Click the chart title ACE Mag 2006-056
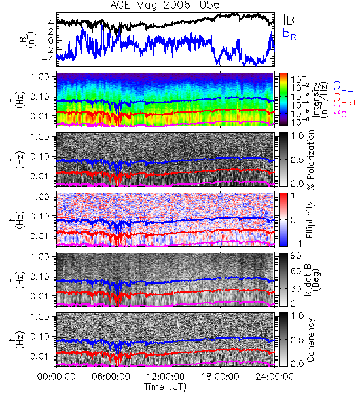point(165,5)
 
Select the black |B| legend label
point(291,20)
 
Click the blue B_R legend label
point(289,33)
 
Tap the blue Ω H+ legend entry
point(343,88)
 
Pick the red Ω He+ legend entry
point(345,100)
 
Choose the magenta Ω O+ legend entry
point(343,111)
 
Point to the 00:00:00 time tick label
point(56,377)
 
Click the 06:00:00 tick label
point(111,377)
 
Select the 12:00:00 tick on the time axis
point(166,377)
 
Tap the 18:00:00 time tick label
point(220,377)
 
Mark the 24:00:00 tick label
point(274,377)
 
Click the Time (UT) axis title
point(165,387)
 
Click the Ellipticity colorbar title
point(310,219)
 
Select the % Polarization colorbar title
point(310,160)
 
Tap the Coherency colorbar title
point(310,340)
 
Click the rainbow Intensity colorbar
point(283,100)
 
